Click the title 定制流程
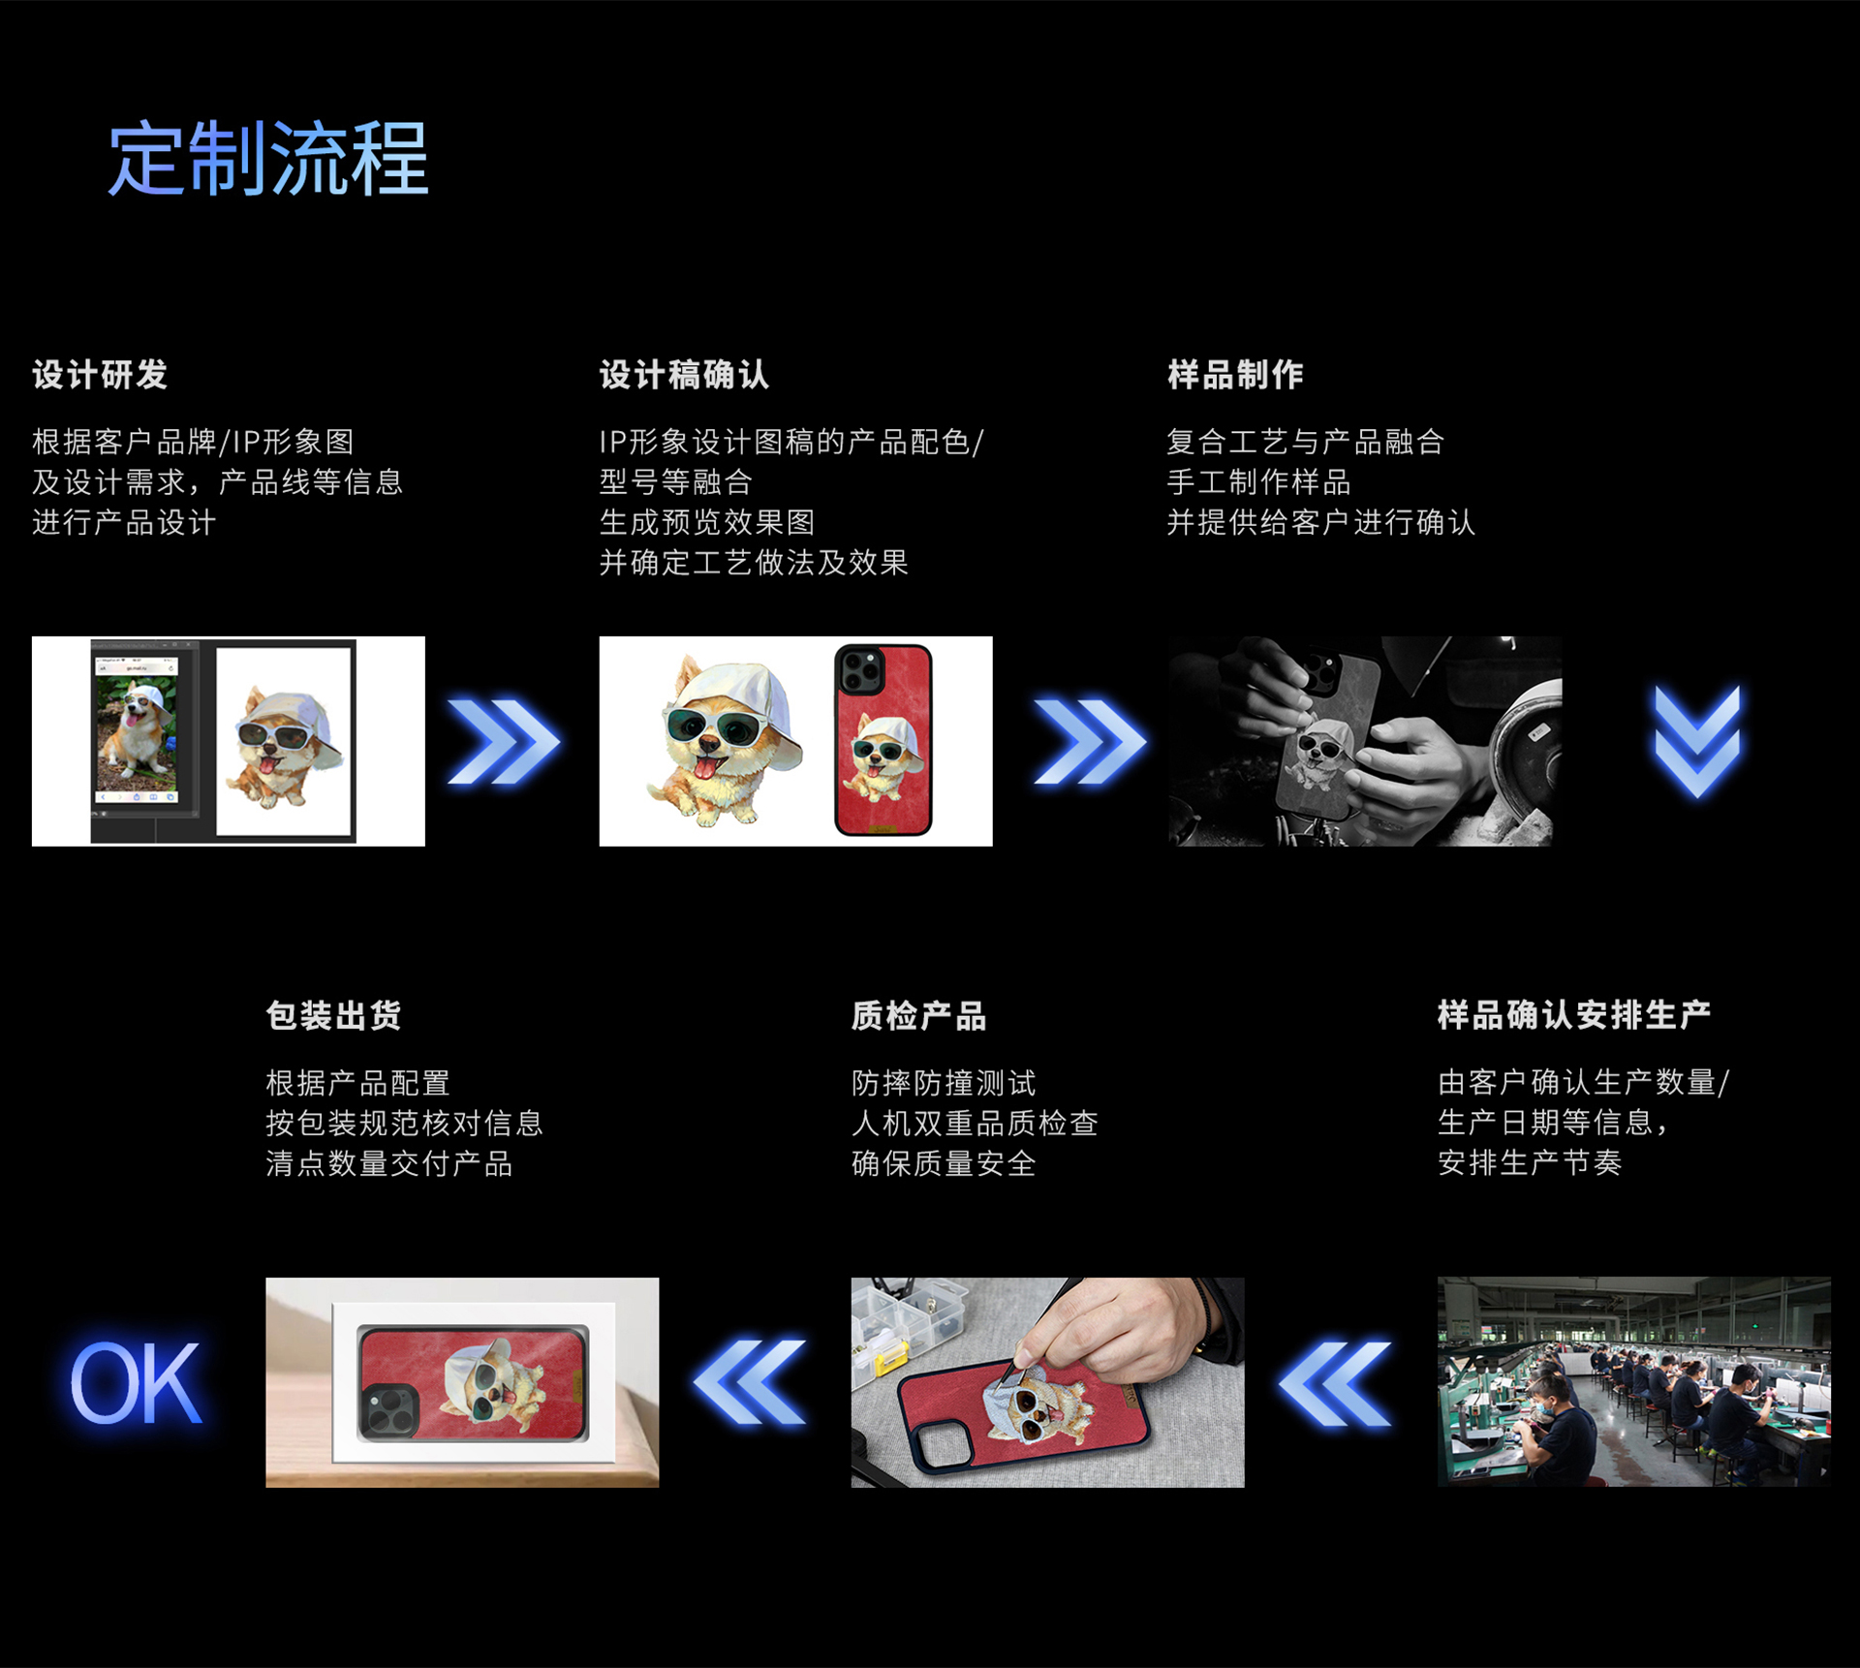[267, 159]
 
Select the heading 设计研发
[100, 375]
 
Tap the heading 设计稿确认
[684, 375]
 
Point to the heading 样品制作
[1235, 375]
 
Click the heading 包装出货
[333, 1015]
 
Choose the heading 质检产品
[918, 1015]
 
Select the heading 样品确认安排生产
[1574, 1015]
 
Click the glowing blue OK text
[136, 1383]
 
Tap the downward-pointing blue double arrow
[1697, 743]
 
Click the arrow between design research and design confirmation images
[504, 741]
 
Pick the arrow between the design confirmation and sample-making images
[1091, 741]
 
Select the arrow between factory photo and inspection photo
[1335, 1383]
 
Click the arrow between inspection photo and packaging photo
[750, 1383]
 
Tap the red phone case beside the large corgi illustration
[883, 740]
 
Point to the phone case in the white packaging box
[473, 1383]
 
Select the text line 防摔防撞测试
[944, 1083]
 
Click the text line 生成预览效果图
[707, 522]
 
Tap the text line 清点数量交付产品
[389, 1163]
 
